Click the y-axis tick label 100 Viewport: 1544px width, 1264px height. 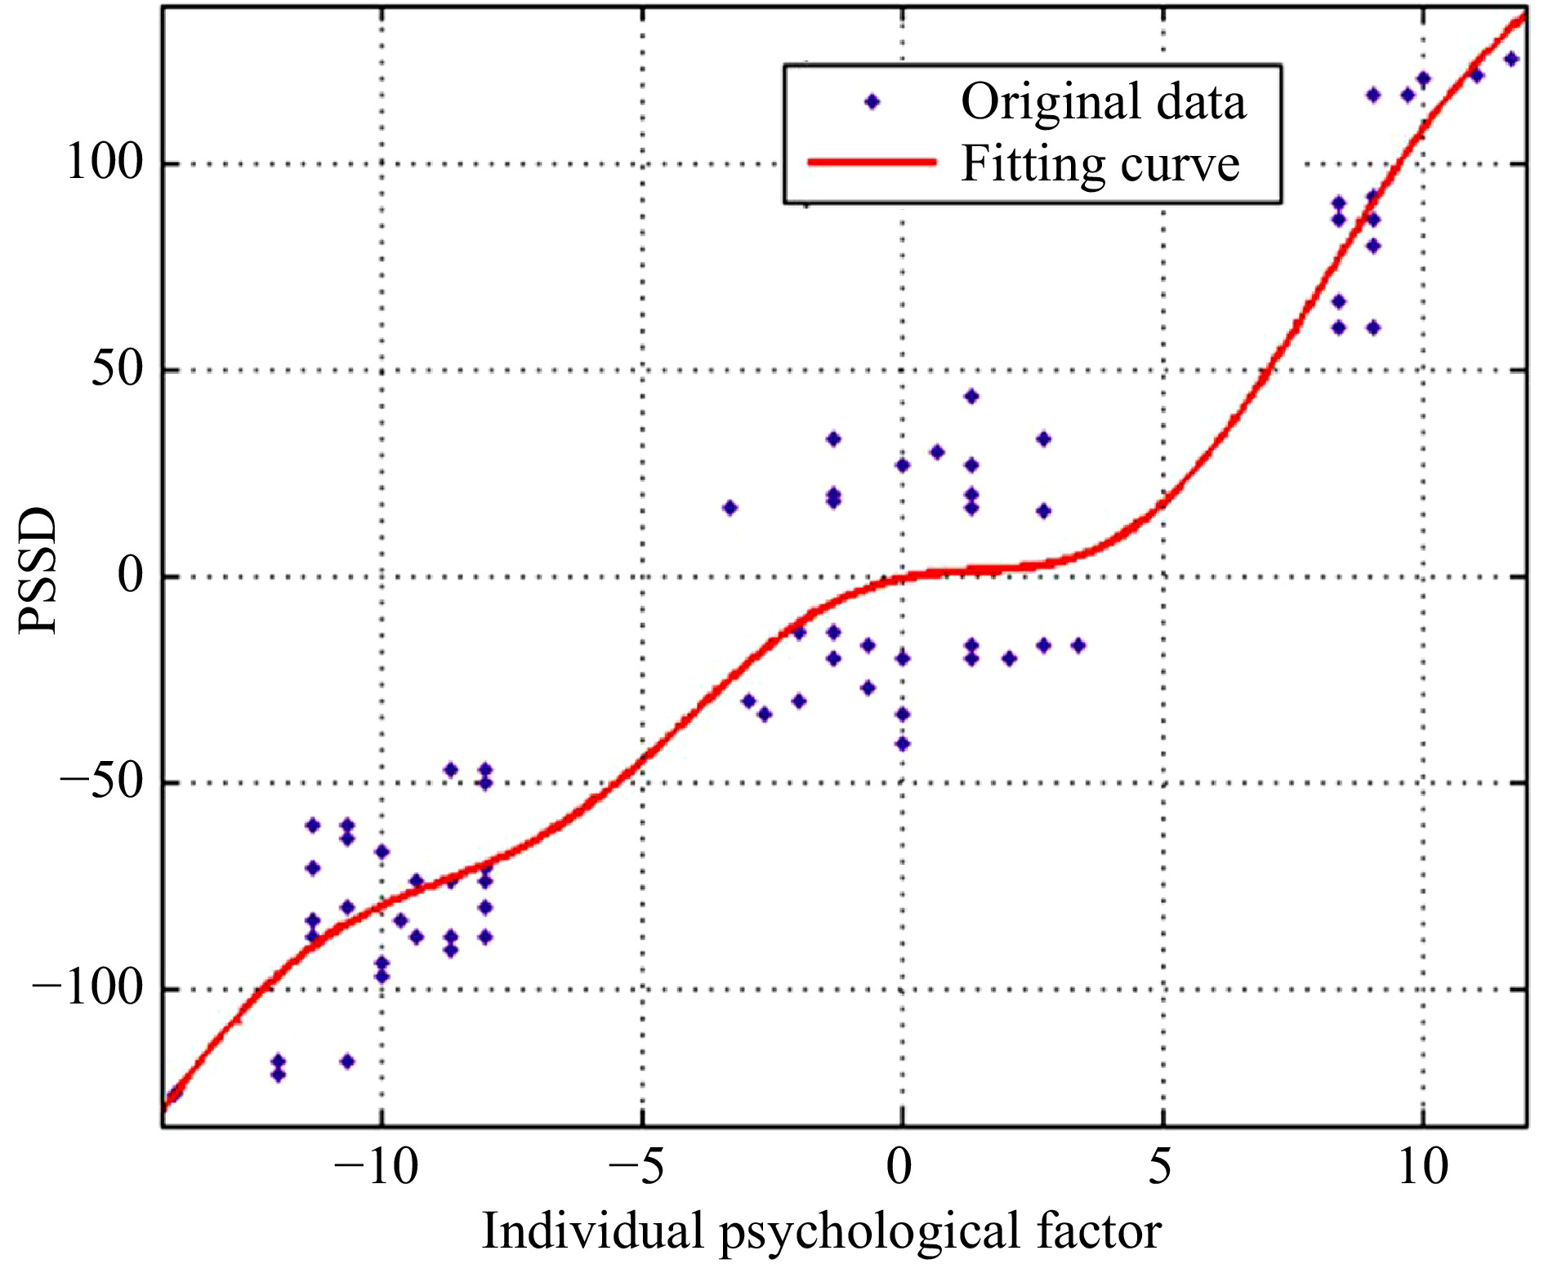(105, 162)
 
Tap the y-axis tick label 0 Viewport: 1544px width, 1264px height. (130, 576)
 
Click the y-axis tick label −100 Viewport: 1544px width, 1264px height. (87, 989)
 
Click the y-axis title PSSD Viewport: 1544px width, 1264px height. (38, 570)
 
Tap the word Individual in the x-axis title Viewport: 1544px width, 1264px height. (593, 1231)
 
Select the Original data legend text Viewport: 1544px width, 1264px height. (1103, 102)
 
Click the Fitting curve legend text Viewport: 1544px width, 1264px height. (1100, 164)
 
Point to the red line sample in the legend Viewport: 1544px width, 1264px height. (871, 162)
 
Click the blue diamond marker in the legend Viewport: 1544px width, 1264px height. (872, 102)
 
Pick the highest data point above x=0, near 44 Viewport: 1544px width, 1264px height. (971, 397)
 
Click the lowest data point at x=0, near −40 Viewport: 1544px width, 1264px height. (902, 744)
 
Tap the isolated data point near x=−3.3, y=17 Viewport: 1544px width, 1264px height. (730, 508)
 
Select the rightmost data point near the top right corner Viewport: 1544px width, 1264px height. (1511, 59)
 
